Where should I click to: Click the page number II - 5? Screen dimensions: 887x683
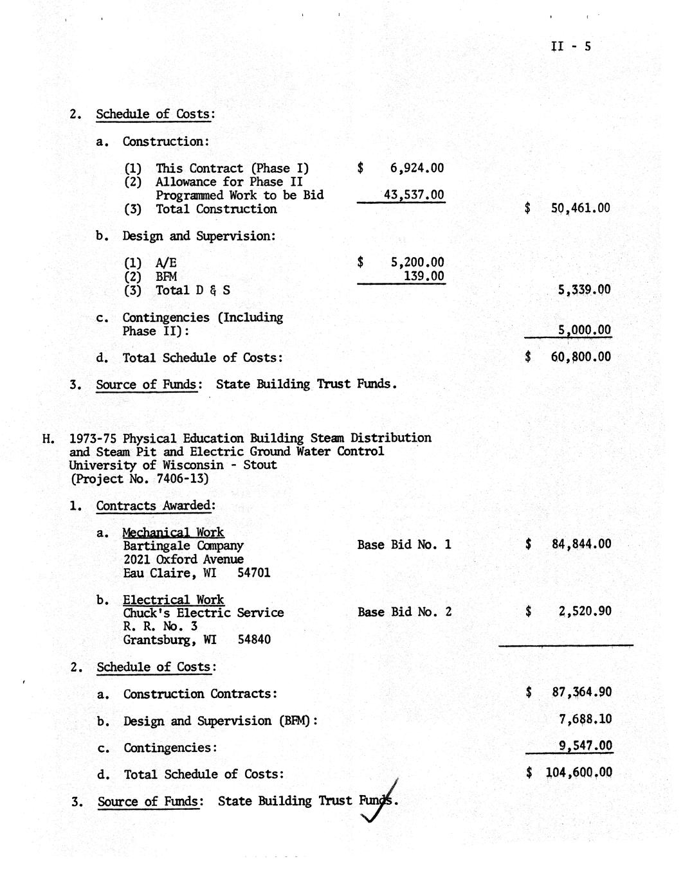point(570,46)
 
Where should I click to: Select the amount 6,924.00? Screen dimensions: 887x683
point(417,168)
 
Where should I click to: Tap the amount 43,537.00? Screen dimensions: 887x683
point(414,195)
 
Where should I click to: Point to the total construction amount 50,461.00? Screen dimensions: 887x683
point(581,208)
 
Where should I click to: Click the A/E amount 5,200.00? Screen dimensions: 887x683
point(417,262)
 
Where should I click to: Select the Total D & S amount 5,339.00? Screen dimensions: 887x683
point(585,290)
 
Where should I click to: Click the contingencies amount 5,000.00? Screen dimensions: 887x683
point(585,330)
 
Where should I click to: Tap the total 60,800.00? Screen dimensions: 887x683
point(581,357)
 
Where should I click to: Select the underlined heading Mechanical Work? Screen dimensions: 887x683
point(173,532)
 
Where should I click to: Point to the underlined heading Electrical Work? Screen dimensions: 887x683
point(173,600)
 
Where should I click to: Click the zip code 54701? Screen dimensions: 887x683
point(254,573)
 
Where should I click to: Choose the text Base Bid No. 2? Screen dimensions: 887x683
point(405,612)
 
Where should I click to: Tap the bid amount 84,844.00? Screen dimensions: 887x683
point(581,544)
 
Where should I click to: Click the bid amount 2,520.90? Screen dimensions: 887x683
point(585,611)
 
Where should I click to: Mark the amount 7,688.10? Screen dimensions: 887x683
point(585,720)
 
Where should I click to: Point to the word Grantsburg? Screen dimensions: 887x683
point(159,640)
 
